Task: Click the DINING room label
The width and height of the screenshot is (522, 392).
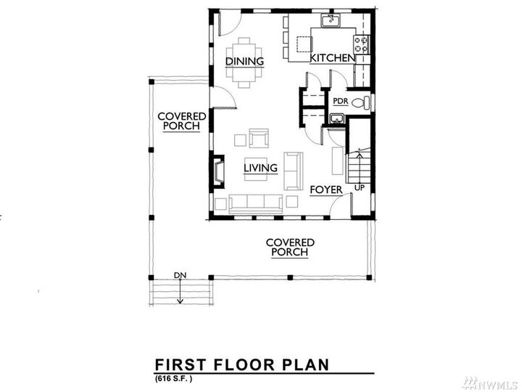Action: tap(244, 62)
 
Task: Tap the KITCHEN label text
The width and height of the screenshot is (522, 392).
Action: tap(333, 58)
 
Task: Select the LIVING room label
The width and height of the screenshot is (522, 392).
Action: tap(260, 168)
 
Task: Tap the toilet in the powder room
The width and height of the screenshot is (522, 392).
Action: tap(360, 103)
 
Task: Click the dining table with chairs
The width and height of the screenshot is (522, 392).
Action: tap(244, 62)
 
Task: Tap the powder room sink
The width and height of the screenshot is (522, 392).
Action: tap(337, 119)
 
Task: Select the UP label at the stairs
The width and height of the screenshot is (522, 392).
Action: tap(358, 188)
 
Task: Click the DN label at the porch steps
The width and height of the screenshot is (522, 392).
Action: tap(181, 276)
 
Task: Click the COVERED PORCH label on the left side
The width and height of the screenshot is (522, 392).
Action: tap(182, 121)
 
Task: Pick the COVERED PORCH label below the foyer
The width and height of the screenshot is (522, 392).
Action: tap(289, 248)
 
